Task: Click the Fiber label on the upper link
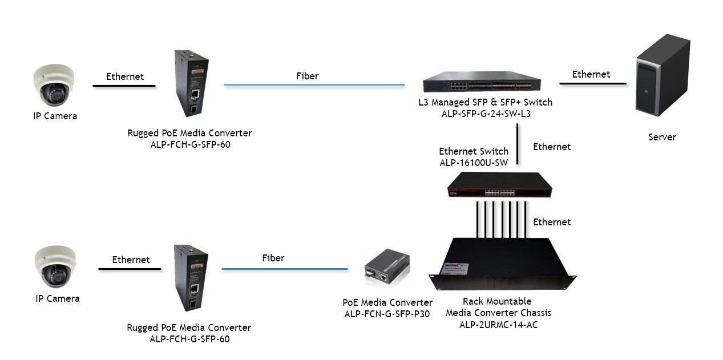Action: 307,76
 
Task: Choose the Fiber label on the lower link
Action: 273,258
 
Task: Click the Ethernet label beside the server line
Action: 591,74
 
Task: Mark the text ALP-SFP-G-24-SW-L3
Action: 485,114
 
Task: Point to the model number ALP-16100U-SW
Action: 474,163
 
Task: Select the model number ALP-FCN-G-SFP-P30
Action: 387,314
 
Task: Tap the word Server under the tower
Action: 662,137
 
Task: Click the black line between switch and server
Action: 592,84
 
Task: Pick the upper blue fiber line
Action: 314,86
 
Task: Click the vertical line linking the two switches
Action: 517,145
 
